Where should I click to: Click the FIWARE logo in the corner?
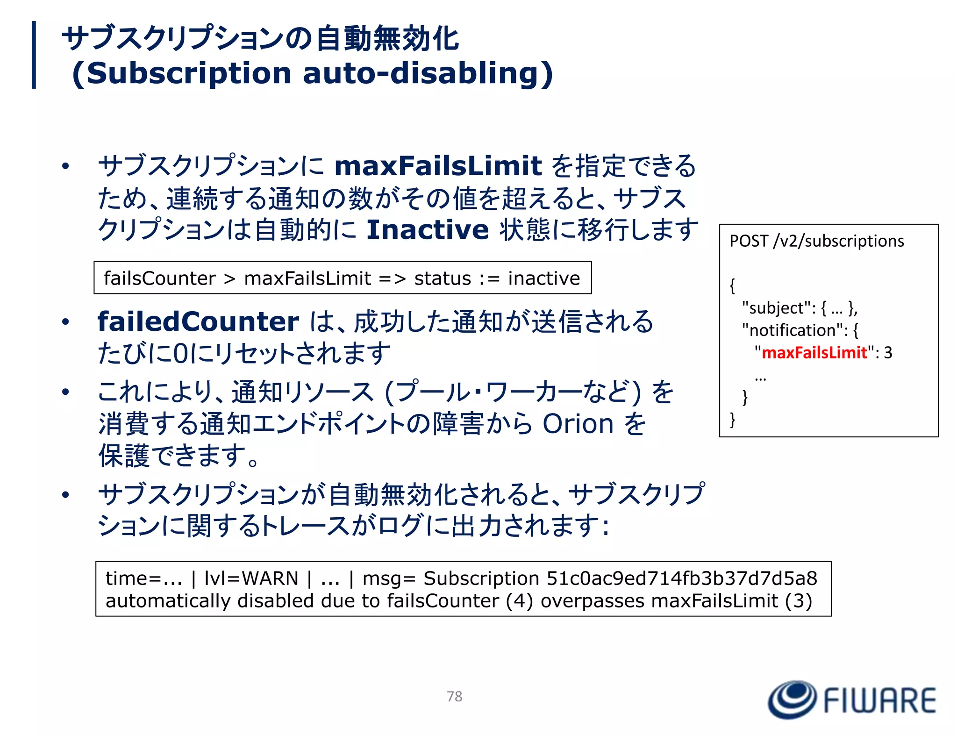[x=851, y=699]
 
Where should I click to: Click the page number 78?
[x=454, y=696]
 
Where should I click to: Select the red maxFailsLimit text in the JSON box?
[x=814, y=352]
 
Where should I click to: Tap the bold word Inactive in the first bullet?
[x=427, y=229]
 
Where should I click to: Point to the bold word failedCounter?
[x=198, y=321]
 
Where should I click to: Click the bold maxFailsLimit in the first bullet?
[x=438, y=166]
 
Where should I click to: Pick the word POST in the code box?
[x=749, y=241]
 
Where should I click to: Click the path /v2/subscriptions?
[x=839, y=241]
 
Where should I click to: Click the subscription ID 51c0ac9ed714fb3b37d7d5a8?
[x=681, y=578]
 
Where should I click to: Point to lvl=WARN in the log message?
[x=251, y=578]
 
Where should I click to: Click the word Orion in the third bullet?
[x=578, y=424]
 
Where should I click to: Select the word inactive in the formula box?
[x=544, y=278]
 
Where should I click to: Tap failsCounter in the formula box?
[x=159, y=278]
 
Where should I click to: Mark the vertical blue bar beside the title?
[x=34, y=55]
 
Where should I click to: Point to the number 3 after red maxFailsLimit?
[x=888, y=352]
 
